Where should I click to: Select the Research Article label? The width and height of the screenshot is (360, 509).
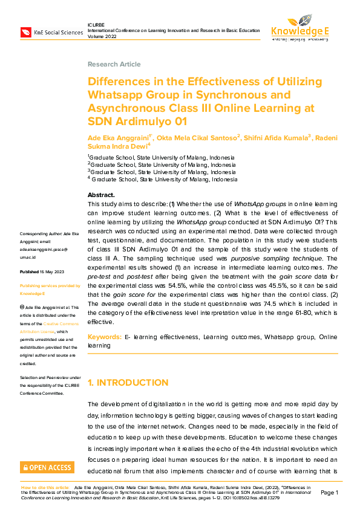114,64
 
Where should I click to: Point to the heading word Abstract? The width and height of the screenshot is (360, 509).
101,195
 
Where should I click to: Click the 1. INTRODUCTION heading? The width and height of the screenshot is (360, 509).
128,383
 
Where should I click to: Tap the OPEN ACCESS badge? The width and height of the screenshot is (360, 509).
47,467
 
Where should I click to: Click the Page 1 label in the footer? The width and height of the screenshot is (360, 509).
330,493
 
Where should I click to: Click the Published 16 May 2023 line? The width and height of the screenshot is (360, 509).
46,272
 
